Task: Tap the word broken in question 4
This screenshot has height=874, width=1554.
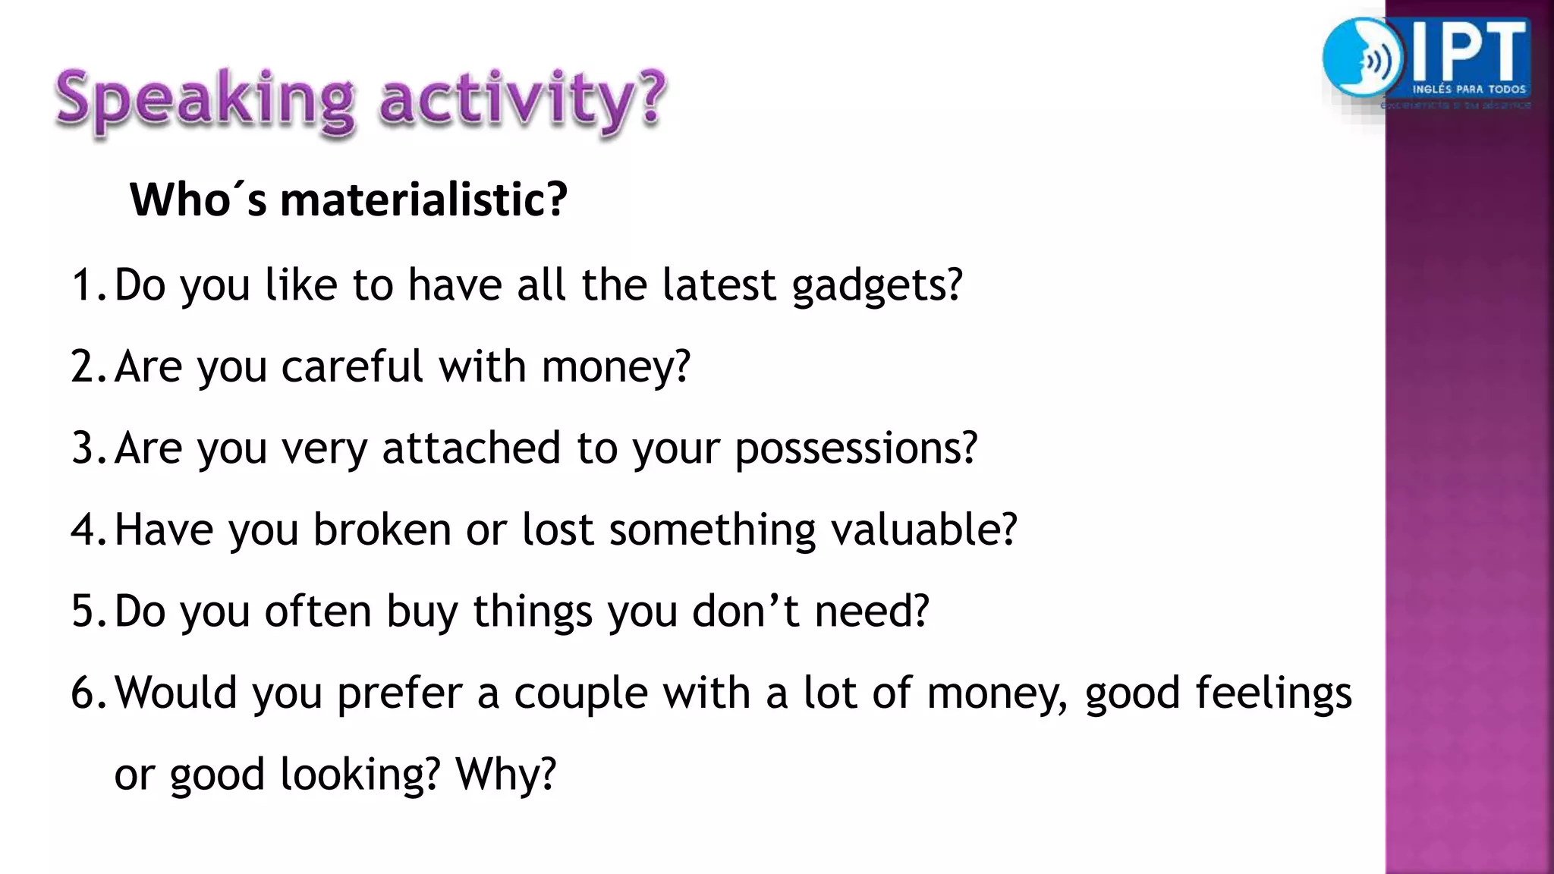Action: click(382, 530)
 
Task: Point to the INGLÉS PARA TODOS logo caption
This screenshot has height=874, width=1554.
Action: click(1469, 90)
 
